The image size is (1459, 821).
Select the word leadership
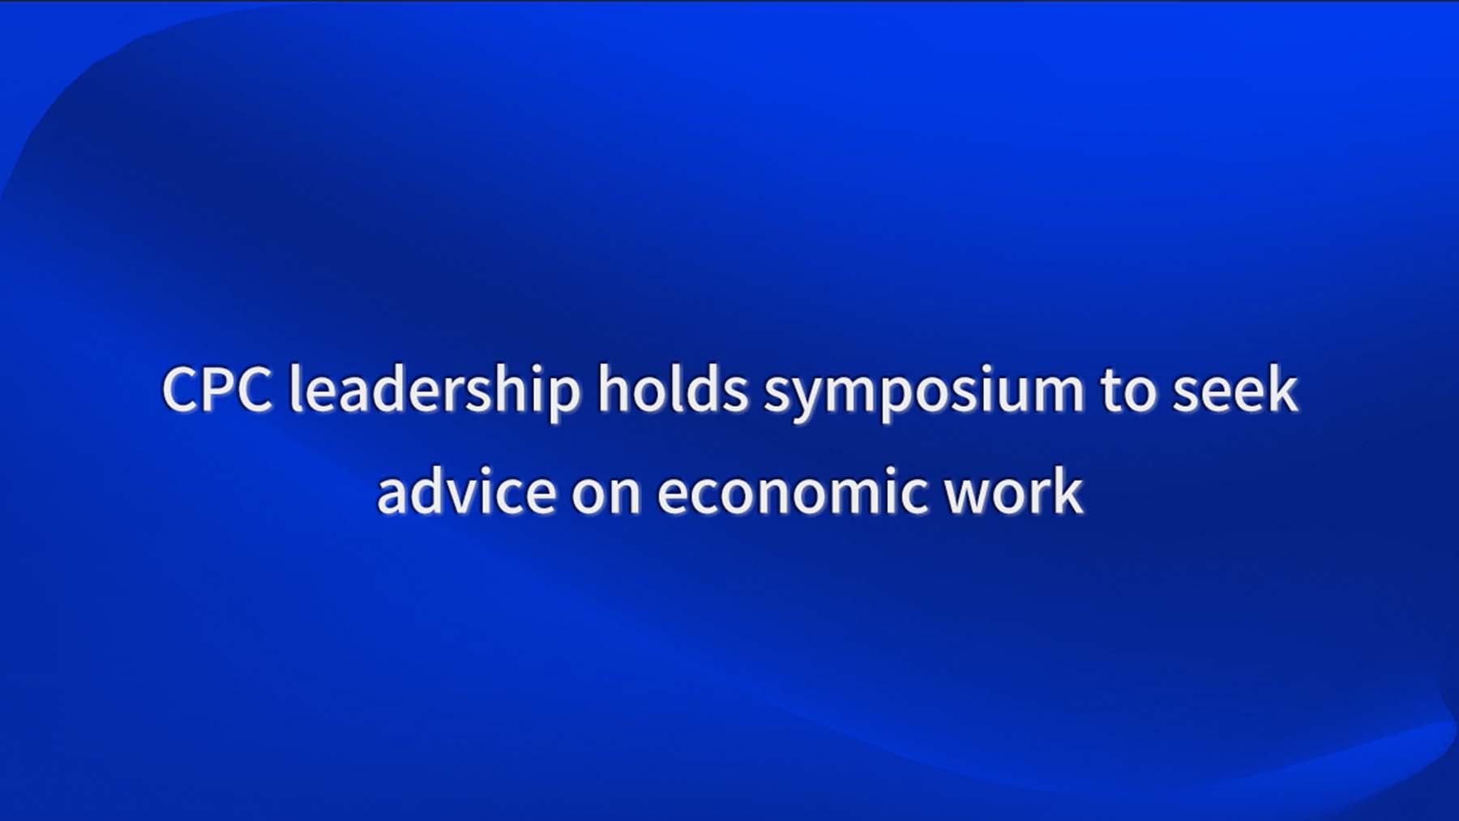(435, 393)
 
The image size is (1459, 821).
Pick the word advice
(467, 490)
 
